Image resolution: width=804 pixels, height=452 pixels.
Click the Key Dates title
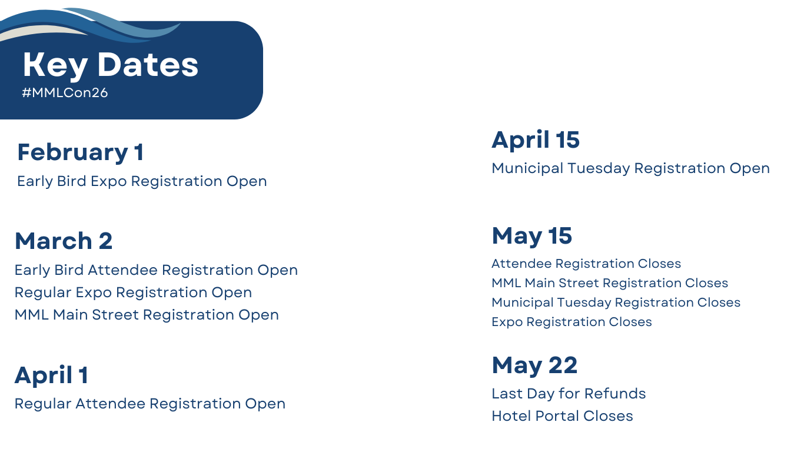pyautogui.click(x=111, y=66)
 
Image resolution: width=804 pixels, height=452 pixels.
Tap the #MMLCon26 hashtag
pyautogui.click(x=65, y=92)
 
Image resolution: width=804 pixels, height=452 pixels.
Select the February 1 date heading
pyautogui.click(x=81, y=153)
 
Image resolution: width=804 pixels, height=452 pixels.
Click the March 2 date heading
pyautogui.click(x=64, y=241)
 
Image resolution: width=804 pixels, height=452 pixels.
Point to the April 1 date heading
pyautogui.click(x=51, y=375)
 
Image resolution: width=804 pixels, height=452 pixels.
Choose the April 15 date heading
pyautogui.click(x=536, y=140)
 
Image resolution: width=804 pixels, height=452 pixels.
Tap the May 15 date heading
pyautogui.click(x=531, y=237)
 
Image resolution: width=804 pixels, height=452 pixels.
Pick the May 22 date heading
pyautogui.click(x=534, y=366)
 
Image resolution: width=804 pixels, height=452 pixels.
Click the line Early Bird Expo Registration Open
pyautogui.click(x=142, y=182)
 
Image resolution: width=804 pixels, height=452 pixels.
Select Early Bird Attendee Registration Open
pyautogui.click(x=156, y=270)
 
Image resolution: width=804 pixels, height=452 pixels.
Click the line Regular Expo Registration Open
pyautogui.click(x=133, y=293)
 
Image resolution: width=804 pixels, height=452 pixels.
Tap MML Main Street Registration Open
pyautogui.click(x=147, y=315)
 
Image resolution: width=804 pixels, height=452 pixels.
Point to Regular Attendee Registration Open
pyautogui.click(x=150, y=404)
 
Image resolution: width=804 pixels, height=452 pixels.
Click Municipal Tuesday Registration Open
pyautogui.click(x=630, y=168)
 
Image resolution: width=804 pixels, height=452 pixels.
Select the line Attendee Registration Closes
pyautogui.click(x=586, y=264)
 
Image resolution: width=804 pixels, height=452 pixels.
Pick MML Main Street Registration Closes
pyautogui.click(x=610, y=283)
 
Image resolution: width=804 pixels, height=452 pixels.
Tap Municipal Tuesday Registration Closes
pyautogui.click(x=616, y=303)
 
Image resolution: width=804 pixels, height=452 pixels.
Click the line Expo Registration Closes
pyautogui.click(x=572, y=322)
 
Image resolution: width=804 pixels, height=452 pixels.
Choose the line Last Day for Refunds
pyautogui.click(x=569, y=394)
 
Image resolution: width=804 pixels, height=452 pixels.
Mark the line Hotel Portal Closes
pyautogui.click(x=563, y=416)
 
